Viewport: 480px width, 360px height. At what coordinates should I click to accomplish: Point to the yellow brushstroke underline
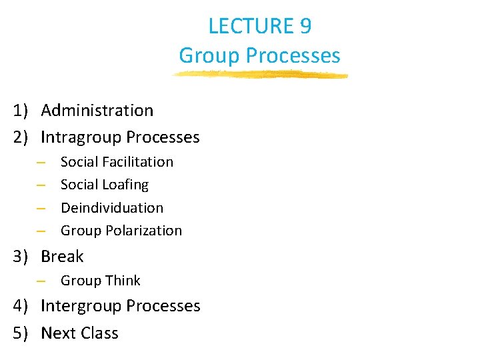pyautogui.click(x=260, y=75)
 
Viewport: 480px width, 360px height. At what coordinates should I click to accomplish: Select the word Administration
pyautogui.click(x=97, y=110)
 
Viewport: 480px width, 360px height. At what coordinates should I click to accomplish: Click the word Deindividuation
pyautogui.click(x=111, y=207)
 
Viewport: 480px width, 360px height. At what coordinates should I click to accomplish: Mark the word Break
pyautogui.click(x=62, y=257)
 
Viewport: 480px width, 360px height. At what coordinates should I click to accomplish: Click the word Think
pyautogui.click(x=121, y=281)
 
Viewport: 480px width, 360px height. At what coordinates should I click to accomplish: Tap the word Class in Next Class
pyautogui.click(x=98, y=333)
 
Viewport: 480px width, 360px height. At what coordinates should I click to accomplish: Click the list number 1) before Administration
pyautogui.click(x=21, y=111)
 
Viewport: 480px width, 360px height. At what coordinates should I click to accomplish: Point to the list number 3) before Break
pyautogui.click(x=21, y=257)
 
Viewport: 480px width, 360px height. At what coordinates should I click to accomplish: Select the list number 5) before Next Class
pyautogui.click(x=21, y=333)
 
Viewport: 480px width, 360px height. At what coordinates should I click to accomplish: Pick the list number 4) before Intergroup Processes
pyautogui.click(x=21, y=306)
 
